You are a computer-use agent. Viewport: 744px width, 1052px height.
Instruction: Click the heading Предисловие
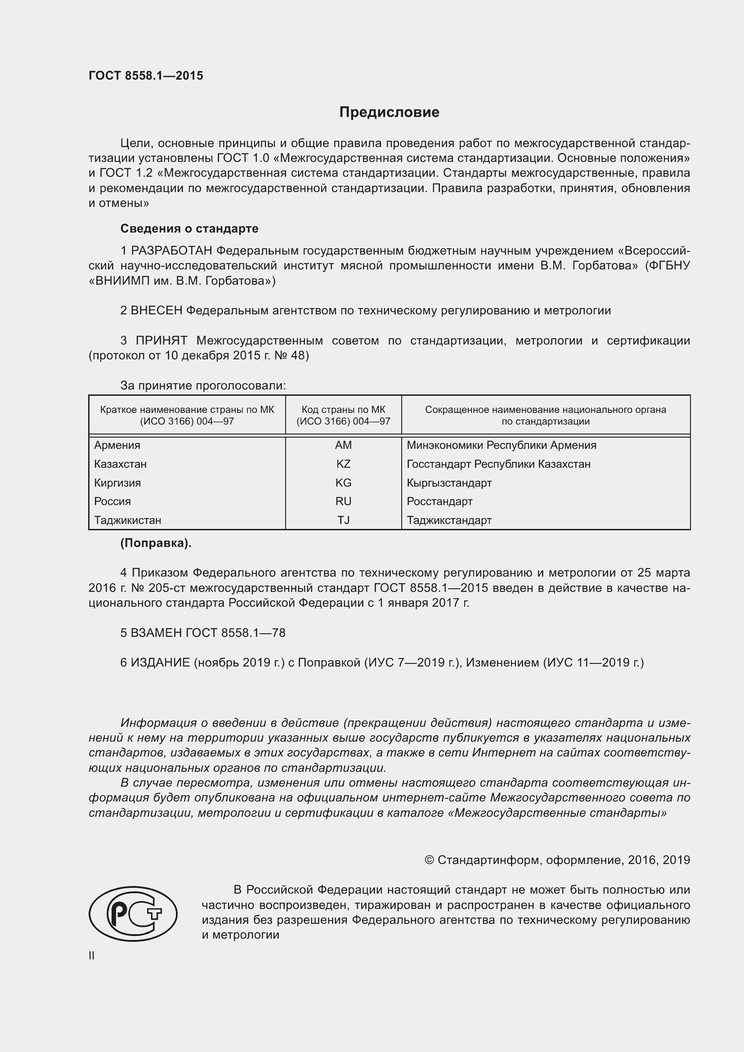389,112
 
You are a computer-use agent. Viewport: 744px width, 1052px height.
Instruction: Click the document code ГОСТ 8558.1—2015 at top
146,76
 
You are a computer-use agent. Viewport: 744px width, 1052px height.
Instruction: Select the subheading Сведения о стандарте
189,228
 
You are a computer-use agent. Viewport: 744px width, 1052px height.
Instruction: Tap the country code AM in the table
343,445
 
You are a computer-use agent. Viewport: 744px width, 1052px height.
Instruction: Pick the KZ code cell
343,464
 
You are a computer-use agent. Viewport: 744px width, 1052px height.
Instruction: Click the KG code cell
343,483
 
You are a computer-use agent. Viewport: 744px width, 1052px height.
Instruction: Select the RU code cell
343,501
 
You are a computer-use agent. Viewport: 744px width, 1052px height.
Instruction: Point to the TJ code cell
343,520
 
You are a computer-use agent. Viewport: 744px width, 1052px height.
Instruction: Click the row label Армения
117,445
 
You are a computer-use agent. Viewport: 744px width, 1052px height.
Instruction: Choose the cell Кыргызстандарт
449,483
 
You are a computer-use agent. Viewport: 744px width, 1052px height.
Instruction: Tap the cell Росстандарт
439,501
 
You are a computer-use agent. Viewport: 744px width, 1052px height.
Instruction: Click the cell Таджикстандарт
449,520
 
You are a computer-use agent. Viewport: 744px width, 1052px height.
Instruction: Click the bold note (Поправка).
156,543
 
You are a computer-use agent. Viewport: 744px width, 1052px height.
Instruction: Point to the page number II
92,955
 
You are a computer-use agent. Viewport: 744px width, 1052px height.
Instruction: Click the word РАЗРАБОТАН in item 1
171,251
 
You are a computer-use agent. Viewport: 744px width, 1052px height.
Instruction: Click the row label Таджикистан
127,520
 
